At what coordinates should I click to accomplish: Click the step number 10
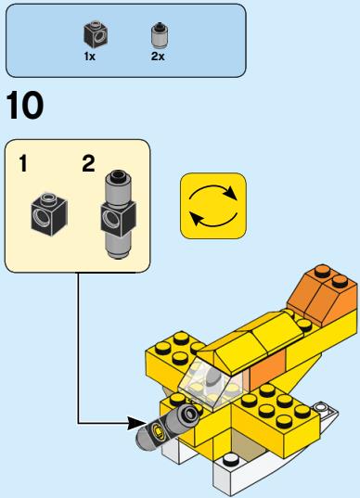(24, 105)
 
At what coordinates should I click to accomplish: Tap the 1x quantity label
(90, 57)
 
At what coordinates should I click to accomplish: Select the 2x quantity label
(158, 57)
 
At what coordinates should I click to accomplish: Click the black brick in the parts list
(96, 34)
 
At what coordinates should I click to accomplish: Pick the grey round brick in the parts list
(160, 35)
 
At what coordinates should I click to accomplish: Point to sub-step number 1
(23, 163)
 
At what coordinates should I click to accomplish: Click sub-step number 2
(88, 163)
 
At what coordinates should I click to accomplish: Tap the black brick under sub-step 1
(49, 214)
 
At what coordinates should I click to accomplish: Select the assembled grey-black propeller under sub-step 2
(118, 215)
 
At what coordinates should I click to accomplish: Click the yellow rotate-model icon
(213, 206)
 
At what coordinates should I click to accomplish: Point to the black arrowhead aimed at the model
(136, 423)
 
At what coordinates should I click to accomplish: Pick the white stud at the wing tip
(320, 406)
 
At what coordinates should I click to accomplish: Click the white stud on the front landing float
(229, 460)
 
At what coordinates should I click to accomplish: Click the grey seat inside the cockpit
(212, 380)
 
